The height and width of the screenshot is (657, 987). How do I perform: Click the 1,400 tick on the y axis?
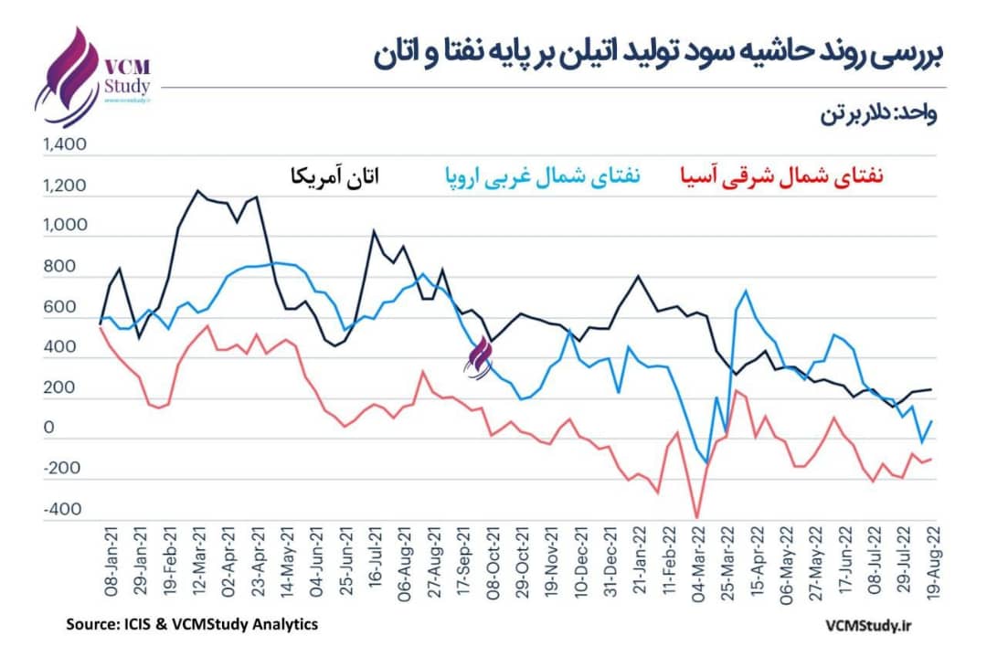(63, 145)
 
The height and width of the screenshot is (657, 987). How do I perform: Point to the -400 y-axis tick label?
(61, 510)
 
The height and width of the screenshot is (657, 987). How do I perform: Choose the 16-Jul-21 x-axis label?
(374, 563)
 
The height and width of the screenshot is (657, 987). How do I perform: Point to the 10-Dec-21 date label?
(581, 563)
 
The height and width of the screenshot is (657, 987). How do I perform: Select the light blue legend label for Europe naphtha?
(543, 175)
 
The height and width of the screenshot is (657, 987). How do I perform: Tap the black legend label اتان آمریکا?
(334, 175)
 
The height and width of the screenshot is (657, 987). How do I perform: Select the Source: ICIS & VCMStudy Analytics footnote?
(191, 624)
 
